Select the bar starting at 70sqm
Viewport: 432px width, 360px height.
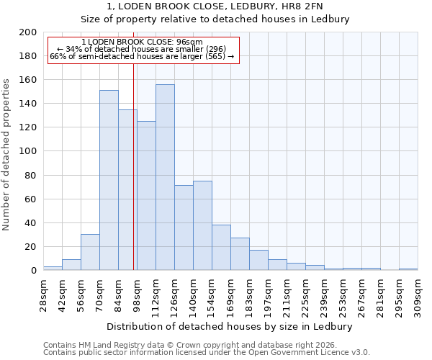109,180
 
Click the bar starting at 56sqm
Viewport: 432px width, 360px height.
90,252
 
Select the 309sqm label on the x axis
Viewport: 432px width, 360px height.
418,296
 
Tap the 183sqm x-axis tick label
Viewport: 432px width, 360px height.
249,296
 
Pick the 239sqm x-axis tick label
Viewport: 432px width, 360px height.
324,296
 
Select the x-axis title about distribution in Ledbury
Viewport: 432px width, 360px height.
230,326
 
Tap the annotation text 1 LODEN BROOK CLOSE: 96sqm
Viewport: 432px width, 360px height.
142,42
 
